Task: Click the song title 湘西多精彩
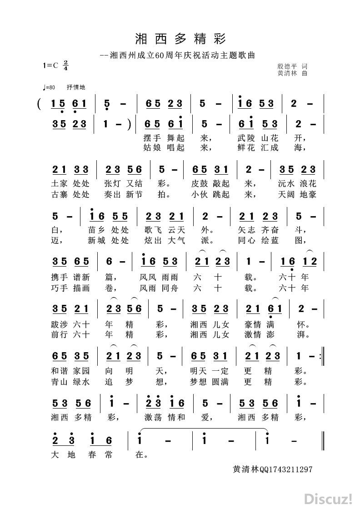tap(180, 38)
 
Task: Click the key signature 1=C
tap(51, 65)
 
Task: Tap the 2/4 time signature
tap(66, 65)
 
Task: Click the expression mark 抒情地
tap(75, 87)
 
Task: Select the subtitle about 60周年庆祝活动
tap(180, 56)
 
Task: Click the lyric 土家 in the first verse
tap(59, 184)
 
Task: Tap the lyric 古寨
tap(59, 195)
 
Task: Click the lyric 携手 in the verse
tap(59, 277)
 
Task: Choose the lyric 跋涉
tap(59, 324)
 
